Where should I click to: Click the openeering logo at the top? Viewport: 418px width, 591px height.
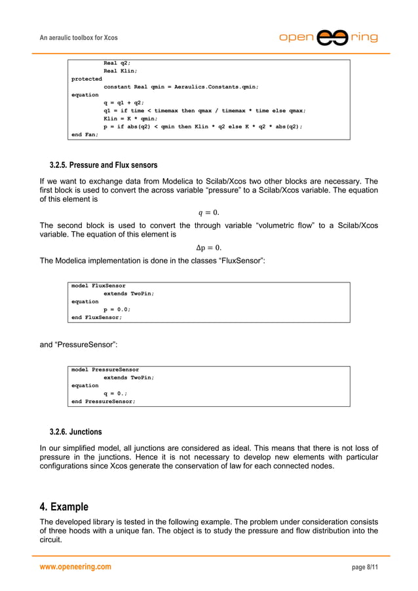tap(328, 37)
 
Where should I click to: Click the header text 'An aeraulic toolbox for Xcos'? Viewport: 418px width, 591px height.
tap(79, 38)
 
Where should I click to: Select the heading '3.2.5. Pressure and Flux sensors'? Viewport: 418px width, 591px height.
tap(104, 164)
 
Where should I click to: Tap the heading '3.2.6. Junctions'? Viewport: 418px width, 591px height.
tap(75, 432)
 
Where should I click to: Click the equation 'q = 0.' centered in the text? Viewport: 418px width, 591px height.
tap(208, 212)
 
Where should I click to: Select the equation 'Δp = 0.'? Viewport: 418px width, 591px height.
tap(208, 247)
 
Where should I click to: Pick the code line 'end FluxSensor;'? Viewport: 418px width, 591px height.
tap(96, 317)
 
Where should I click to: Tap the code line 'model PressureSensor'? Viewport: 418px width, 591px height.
tap(105, 370)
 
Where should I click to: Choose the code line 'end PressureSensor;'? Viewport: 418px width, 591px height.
tap(103, 401)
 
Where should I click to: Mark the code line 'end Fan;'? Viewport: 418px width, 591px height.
tap(85, 134)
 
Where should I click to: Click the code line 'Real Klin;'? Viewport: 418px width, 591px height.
tap(120, 71)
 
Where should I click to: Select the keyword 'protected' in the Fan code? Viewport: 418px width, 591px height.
tap(86, 79)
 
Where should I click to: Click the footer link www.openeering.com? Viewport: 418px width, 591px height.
tap(75, 567)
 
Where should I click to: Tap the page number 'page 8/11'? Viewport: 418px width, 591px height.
tap(364, 567)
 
